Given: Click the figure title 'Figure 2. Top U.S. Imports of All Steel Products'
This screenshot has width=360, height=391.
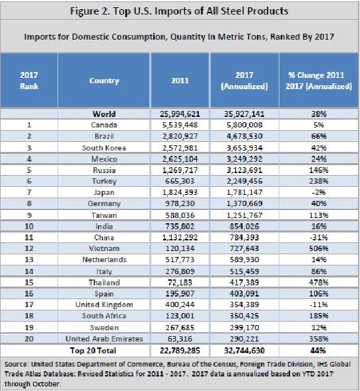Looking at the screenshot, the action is coord(179,11).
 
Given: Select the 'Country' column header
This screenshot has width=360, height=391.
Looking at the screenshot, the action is coord(104,81).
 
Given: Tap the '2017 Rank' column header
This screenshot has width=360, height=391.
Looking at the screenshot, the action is coord(29,81).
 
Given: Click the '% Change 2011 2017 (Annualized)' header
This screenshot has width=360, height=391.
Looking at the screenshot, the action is coord(318,81).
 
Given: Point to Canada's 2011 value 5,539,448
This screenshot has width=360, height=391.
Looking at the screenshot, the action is coord(180,125).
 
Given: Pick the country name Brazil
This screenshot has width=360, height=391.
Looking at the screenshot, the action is coord(104,136).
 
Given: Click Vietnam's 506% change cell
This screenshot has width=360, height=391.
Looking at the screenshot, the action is coord(318,248).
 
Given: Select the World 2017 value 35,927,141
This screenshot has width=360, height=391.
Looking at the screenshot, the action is coord(244,114).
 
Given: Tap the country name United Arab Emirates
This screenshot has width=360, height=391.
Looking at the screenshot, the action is coord(104,339).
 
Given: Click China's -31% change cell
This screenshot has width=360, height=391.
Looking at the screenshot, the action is coord(318,237).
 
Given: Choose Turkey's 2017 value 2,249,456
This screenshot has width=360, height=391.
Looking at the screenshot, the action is coord(244,181).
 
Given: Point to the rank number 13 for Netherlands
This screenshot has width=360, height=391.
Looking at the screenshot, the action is coord(29,260).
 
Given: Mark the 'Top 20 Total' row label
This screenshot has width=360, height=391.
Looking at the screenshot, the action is coord(93,350).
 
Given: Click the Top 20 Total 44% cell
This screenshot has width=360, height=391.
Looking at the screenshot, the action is coord(318,350).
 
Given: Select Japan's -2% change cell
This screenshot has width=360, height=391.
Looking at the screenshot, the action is coord(318,192).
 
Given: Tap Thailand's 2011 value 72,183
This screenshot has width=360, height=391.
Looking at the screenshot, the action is coord(180,282).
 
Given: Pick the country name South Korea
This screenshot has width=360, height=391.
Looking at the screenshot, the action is coord(104,148).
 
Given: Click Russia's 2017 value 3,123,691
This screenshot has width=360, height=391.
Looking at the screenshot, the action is coord(244,170).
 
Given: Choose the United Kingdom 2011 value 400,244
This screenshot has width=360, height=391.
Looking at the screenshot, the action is coord(180,304).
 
